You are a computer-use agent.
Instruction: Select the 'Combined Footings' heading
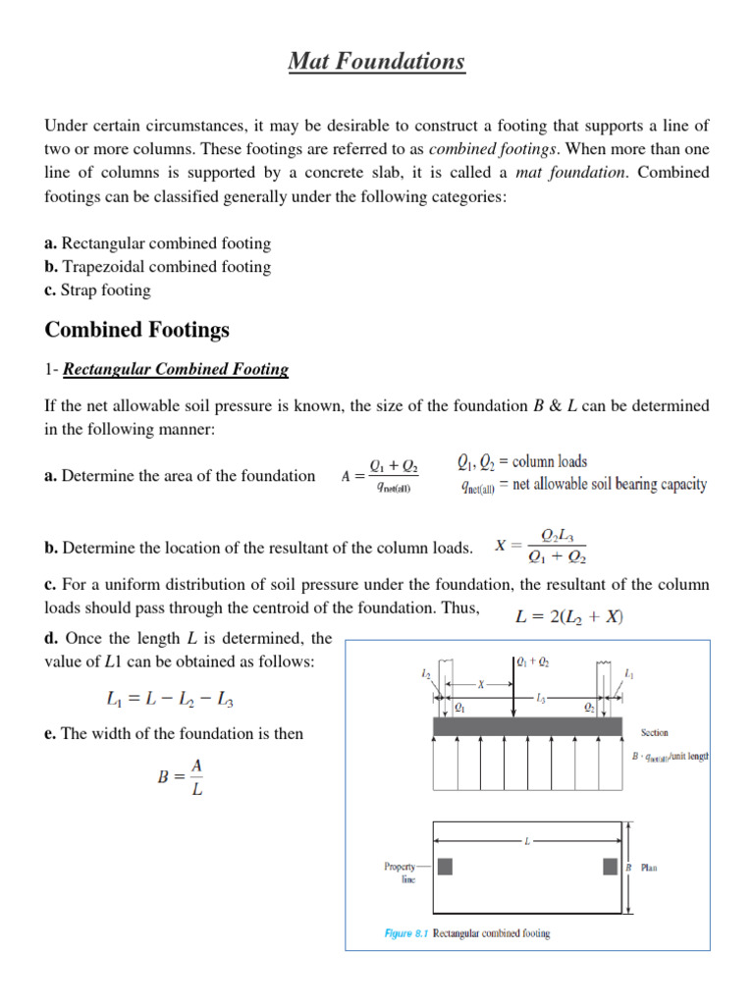pos(136,330)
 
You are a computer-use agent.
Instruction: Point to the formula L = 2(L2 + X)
pos(569,617)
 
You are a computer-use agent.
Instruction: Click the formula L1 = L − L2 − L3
pos(170,700)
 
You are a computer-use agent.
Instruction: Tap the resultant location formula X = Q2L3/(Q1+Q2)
pos(541,548)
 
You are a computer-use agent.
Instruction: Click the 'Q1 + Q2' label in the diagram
pos(533,662)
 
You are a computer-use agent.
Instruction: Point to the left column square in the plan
pos(445,867)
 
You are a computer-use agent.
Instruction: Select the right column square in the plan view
pos(610,867)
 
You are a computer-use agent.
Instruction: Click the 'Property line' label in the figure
pos(401,873)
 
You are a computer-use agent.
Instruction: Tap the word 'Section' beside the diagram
pos(655,732)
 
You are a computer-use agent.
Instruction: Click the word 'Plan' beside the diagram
pos(650,868)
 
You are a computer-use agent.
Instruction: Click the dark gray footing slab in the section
pos(527,726)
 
